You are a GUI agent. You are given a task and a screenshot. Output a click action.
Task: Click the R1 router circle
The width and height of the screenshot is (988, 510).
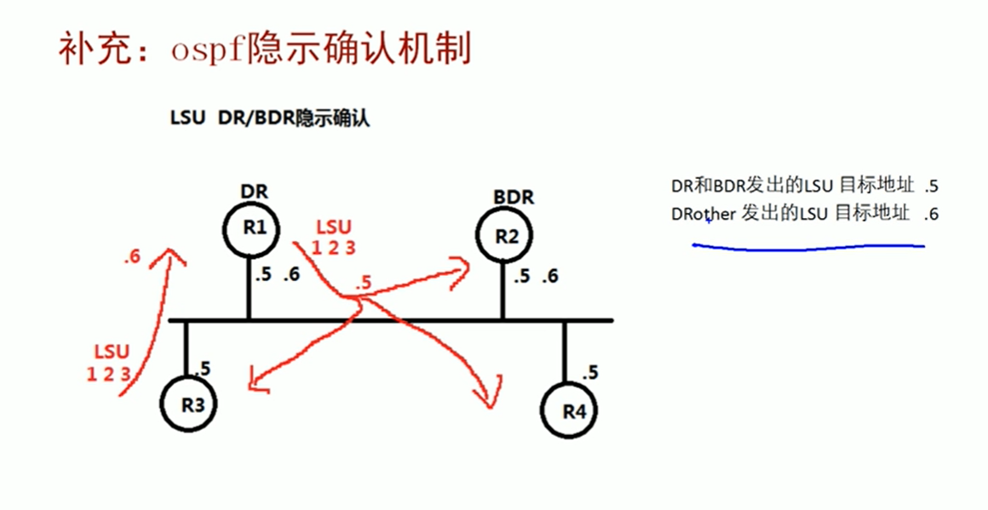pos(248,227)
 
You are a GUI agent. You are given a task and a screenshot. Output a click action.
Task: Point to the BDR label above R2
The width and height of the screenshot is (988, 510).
pos(513,198)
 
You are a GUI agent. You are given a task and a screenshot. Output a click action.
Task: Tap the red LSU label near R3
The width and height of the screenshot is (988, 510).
pos(112,352)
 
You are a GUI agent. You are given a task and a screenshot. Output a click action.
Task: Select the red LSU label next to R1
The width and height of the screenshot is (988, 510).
pos(333,228)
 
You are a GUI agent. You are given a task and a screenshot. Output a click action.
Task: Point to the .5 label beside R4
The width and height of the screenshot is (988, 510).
pos(589,372)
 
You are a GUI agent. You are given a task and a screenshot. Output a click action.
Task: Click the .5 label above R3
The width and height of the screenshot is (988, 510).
pos(203,369)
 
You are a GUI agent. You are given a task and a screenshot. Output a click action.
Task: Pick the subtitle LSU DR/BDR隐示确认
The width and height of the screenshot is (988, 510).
pos(270,118)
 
